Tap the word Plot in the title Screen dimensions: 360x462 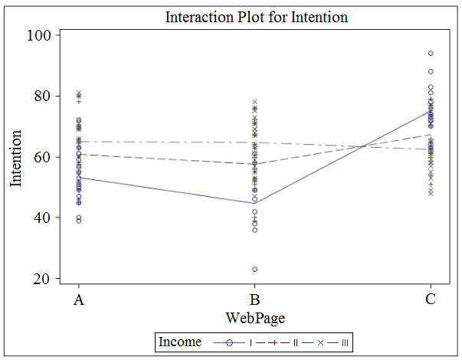pos(245,17)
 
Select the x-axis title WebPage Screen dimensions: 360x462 pos(254,316)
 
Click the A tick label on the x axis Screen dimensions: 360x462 pos(78,300)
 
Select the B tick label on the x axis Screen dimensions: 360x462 pos(254,300)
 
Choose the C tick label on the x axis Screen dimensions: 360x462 pos(431,300)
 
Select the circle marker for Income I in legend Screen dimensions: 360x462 pos(228,341)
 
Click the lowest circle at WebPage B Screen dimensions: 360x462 pos(254,270)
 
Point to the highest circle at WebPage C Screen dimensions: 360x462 pos(431,54)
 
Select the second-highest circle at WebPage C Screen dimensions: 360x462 pos(431,72)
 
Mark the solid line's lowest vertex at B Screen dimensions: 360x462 pos(254,203)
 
